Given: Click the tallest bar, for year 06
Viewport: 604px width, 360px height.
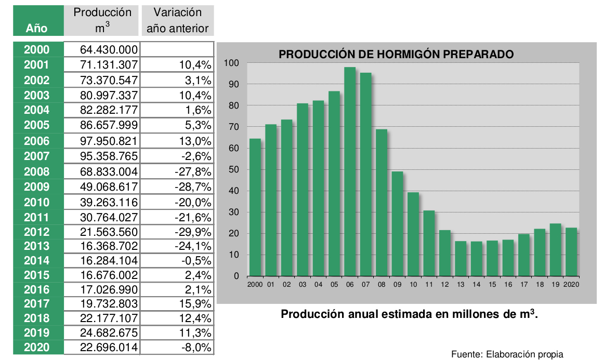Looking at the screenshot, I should click(350, 171).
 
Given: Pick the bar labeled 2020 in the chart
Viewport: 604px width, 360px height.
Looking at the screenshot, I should click(571, 251).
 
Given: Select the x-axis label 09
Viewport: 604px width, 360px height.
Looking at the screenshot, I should click(397, 285).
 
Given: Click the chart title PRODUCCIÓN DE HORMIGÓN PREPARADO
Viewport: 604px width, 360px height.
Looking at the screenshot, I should click(396, 54).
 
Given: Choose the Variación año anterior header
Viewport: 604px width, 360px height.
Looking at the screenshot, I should click(177, 20).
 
